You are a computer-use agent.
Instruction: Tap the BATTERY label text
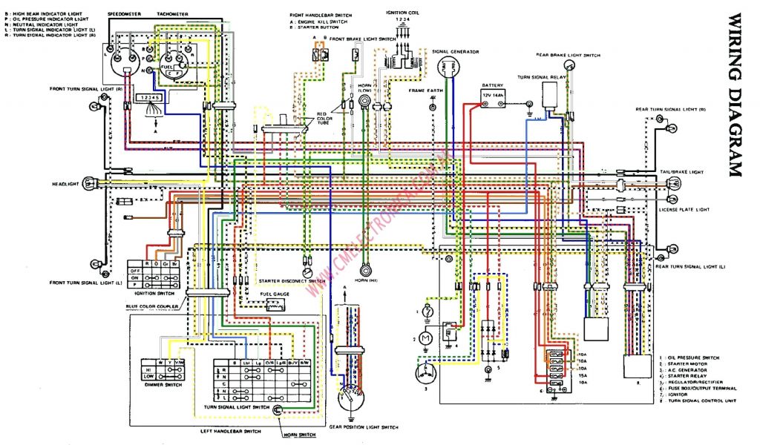492,85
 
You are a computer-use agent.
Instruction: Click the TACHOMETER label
172,14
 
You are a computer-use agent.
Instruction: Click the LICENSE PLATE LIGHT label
684,210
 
